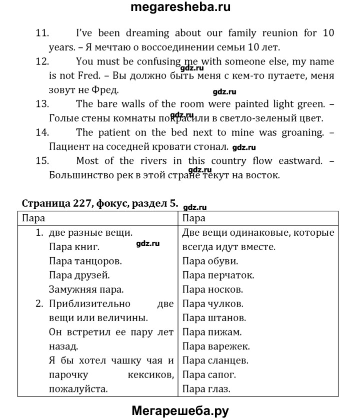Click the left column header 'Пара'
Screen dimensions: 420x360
(33, 218)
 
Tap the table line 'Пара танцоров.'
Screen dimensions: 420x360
(86, 261)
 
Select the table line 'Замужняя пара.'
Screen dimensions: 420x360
(86, 289)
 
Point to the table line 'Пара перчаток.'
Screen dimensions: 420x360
(218, 275)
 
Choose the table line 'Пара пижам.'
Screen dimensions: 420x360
(212, 332)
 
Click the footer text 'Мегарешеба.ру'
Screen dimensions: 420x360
(180, 411)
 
